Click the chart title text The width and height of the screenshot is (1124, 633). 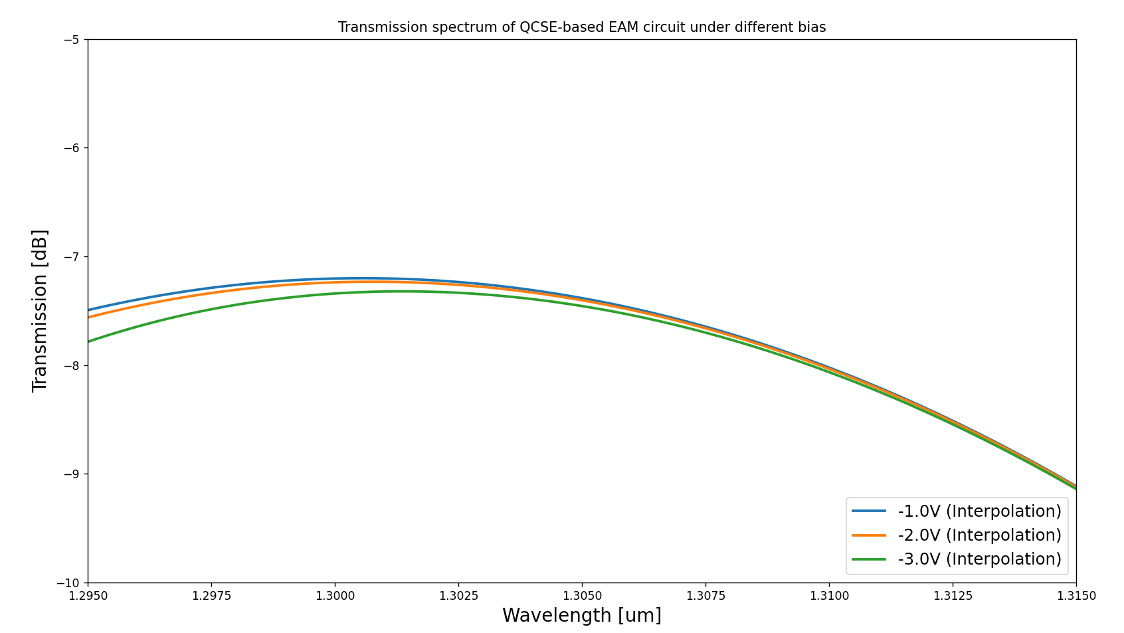[x=581, y=27]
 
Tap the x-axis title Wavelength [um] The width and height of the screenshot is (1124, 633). [x=581, y=616]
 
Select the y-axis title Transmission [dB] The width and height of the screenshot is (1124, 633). [x=41, y=310]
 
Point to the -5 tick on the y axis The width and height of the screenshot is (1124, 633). [x=72, y=39]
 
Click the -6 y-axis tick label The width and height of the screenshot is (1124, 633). [x=72, y=148]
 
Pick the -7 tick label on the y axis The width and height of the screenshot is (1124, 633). [x=72, y=256]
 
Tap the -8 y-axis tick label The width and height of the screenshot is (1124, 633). [x=72, y=365]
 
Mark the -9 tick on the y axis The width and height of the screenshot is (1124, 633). [x=72, y=474]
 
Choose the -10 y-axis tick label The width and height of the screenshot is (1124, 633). [x=69, y=583]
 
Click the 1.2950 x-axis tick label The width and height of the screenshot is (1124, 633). [x=88, y=596]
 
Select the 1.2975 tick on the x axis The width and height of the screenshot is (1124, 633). [x=211, y=596]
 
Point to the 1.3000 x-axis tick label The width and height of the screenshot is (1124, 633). [x=335, y=596]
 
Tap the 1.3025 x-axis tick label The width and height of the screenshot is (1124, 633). [x=458, y=596]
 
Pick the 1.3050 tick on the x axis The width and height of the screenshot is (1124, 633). [x=582, y=596]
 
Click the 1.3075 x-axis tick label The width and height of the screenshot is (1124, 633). [x=705, y=596]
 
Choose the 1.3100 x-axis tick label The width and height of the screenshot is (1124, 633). [x=829, y=596]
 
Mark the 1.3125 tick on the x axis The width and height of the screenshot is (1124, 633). [x=953, y=596]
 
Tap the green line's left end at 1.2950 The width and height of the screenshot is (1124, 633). [x=88, y=341]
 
